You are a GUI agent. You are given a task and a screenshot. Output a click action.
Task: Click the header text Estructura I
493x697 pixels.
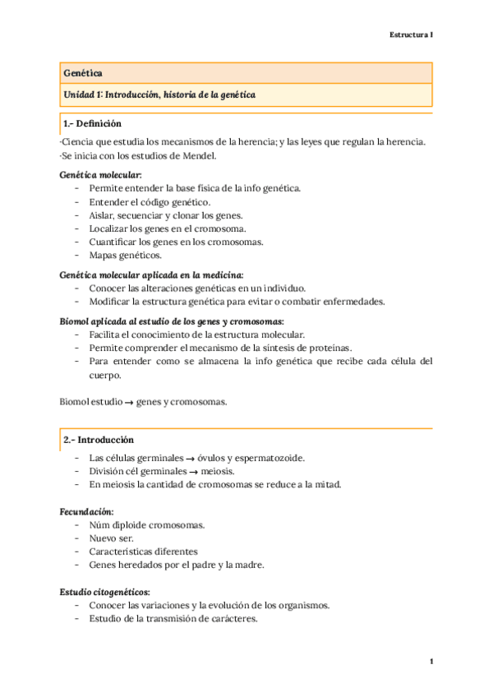(411, 35)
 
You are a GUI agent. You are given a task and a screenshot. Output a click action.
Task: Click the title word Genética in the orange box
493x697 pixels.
(83, 74)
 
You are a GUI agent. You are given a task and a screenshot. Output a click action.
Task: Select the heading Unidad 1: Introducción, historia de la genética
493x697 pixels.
(159, 95)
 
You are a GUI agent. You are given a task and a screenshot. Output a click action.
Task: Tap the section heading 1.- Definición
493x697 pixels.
(92, 124)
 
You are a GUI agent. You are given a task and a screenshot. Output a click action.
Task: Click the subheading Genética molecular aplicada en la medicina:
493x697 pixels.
(152, 275)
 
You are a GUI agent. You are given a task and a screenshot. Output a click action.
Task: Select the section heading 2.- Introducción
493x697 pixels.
(98, 440)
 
